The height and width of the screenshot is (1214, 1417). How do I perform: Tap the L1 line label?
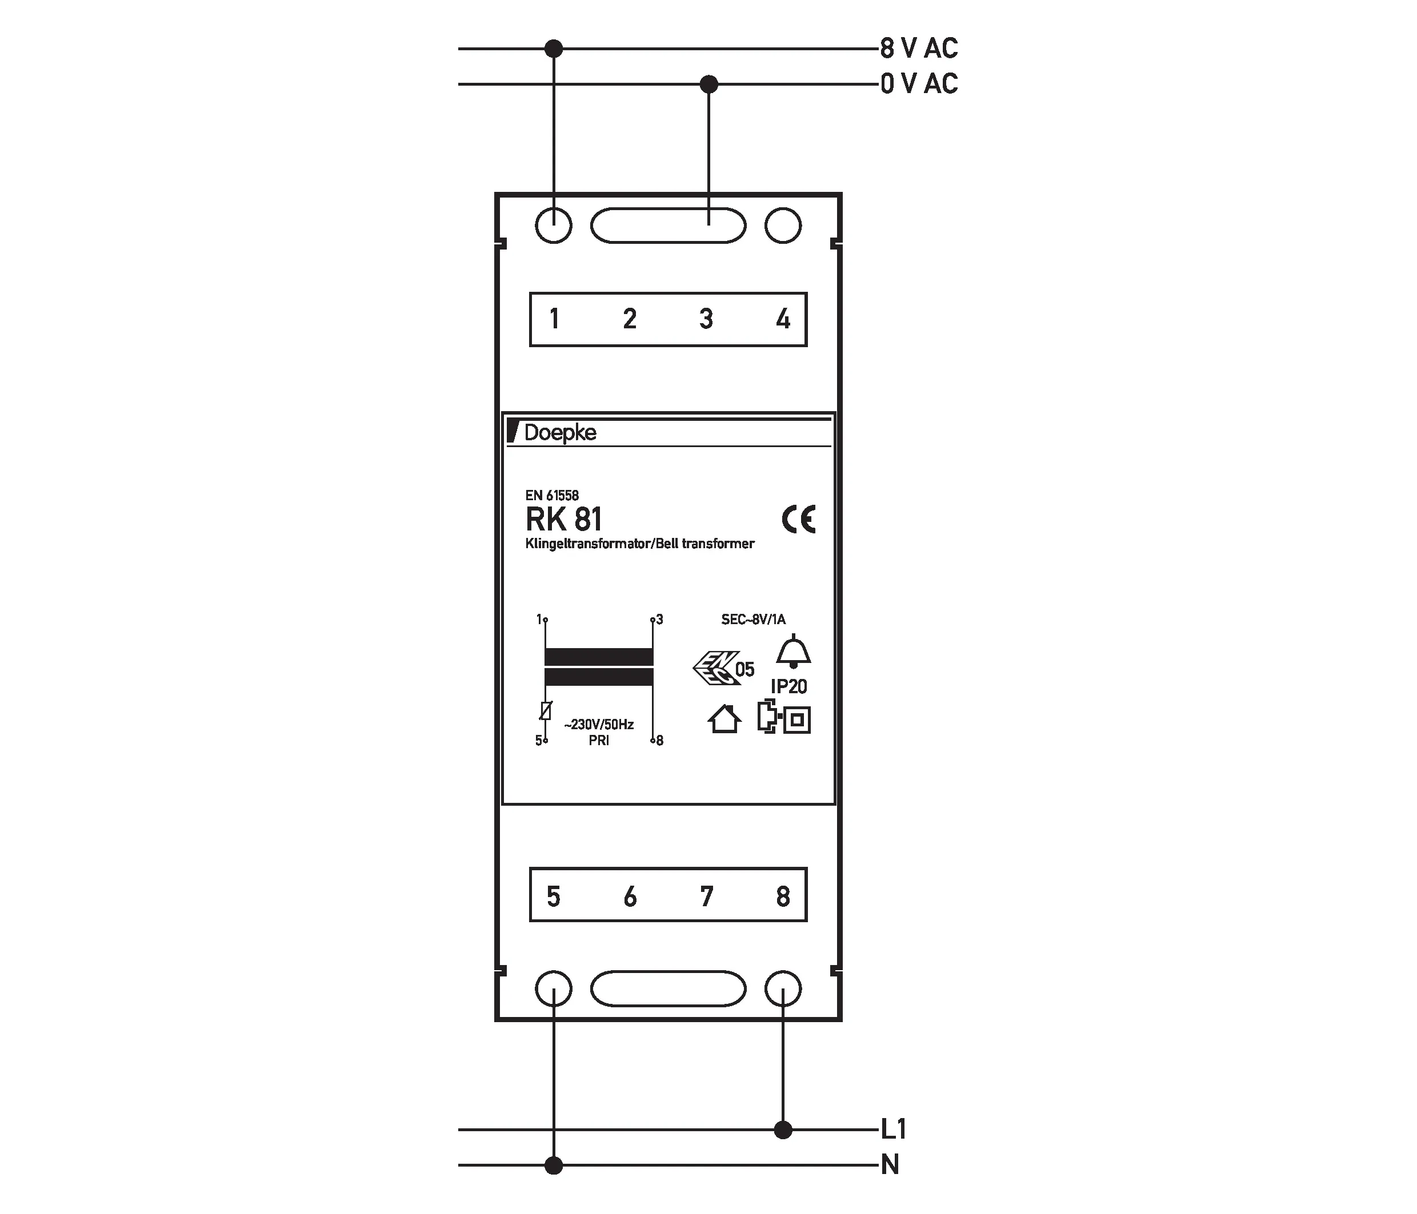tap(893, 1129)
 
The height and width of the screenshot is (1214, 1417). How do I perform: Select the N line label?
tap(890, 1164)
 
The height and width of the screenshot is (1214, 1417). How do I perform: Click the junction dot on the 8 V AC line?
tap(553, 49)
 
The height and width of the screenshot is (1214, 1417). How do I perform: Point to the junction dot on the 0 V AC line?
tap(709, 84)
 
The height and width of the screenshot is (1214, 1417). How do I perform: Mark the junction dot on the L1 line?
tap(783, 1129)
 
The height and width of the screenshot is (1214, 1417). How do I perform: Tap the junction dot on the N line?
tap(553, 1165)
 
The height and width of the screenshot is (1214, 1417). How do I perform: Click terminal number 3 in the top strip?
tap(706, 319)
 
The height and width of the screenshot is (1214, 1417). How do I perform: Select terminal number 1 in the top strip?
tap(554, 319)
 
